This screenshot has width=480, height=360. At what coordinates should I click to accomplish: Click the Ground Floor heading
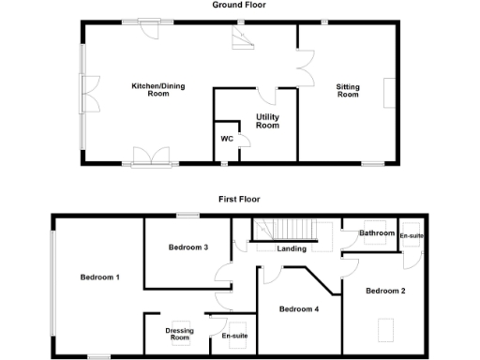click(x=240, y=5)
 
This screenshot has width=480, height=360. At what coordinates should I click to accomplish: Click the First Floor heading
click(x=239, y=199)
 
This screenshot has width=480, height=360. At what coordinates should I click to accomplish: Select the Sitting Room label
click(x=348, y=90)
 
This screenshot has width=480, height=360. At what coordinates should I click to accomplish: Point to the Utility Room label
click(x=268, y=121)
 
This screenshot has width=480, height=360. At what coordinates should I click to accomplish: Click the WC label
click(x=226, y=139)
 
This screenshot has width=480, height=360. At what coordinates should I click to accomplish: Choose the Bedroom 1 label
click(x=99, y=277)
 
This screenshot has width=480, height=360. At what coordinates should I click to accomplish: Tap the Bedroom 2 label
click(x=385, y=291)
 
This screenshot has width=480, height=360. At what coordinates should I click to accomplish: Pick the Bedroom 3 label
click(x=187, y=247)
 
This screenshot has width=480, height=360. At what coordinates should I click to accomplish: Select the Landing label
click(x=292, y=249)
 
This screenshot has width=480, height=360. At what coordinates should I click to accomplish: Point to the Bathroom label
click(x=378, y=232)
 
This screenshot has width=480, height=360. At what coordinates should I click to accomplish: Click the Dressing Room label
click(x=179, y=335)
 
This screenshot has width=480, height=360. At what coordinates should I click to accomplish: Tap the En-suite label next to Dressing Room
click(x=234, y=335)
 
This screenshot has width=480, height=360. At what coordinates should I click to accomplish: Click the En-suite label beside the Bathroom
click(x=412, y=235)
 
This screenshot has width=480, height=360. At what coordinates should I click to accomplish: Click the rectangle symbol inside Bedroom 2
click(x=386, y=329)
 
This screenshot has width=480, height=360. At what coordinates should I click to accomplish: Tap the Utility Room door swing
click(x=266, y=94)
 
